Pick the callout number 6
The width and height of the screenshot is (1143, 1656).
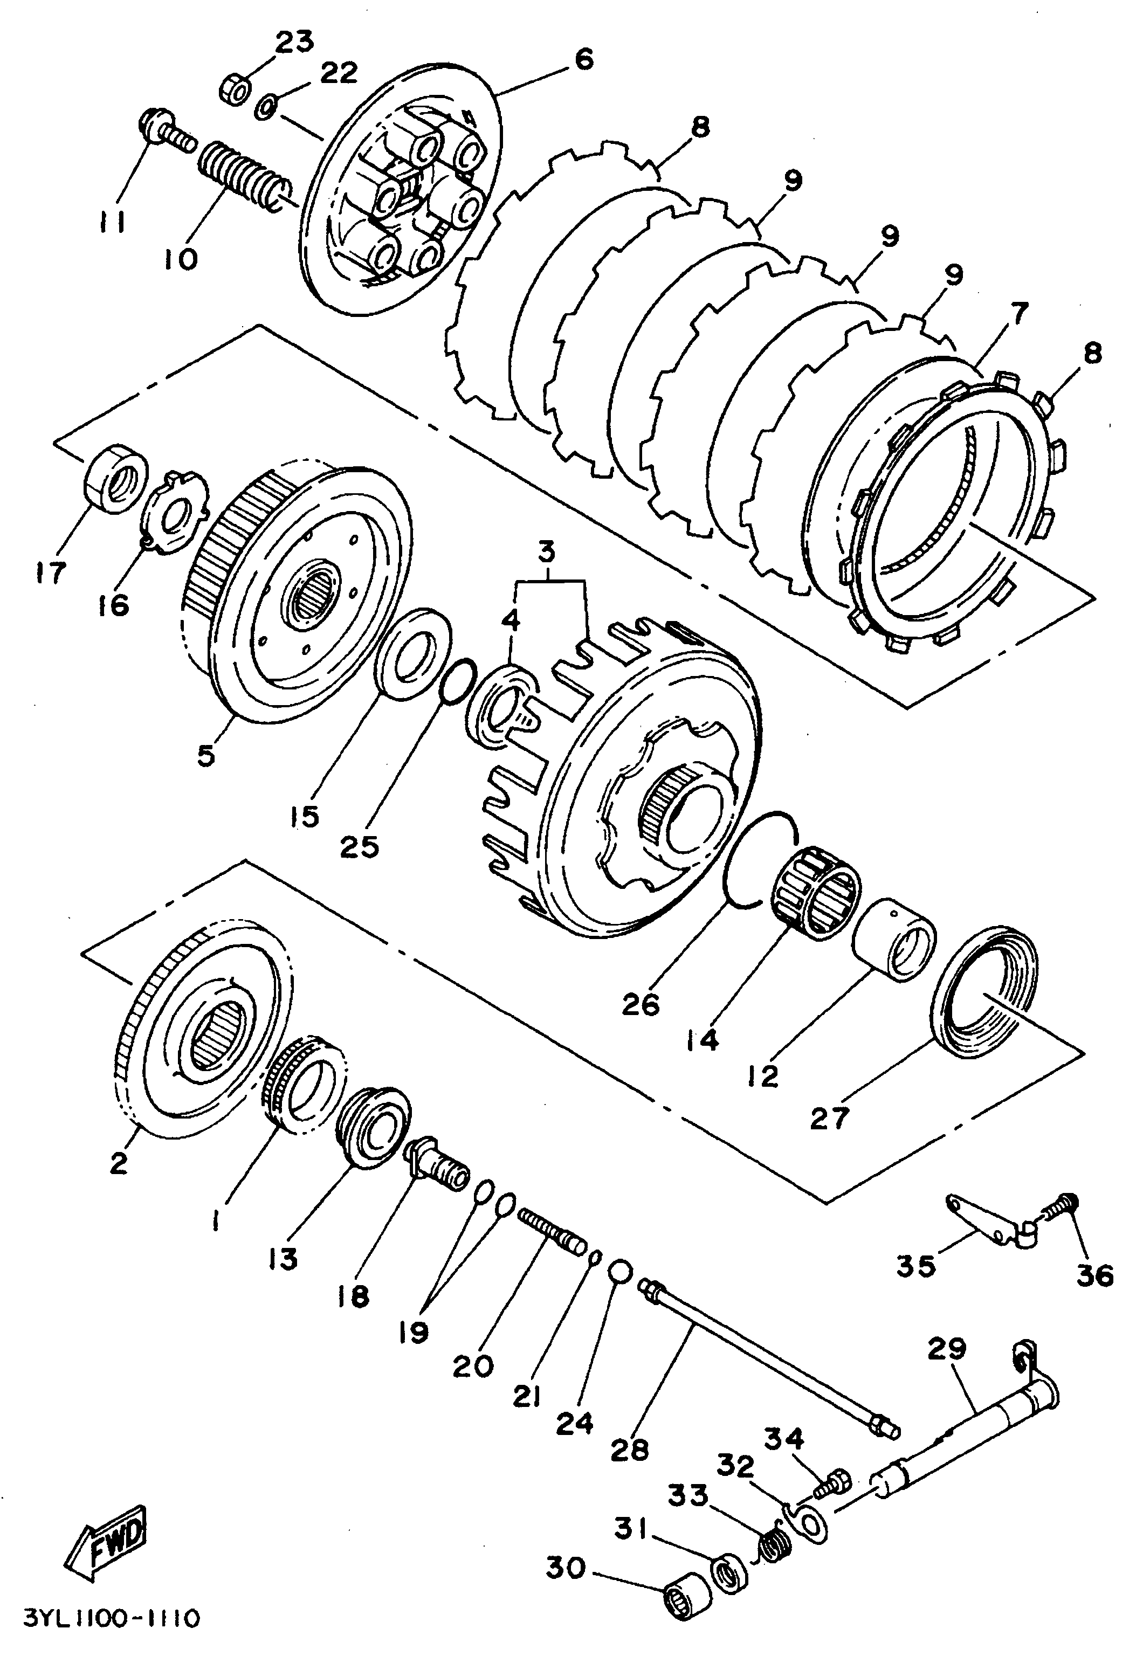(x=584, y=59)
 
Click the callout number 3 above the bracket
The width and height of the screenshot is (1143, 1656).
(x=547, y=554)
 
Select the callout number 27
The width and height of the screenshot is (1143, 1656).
(x=829, y=1117)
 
